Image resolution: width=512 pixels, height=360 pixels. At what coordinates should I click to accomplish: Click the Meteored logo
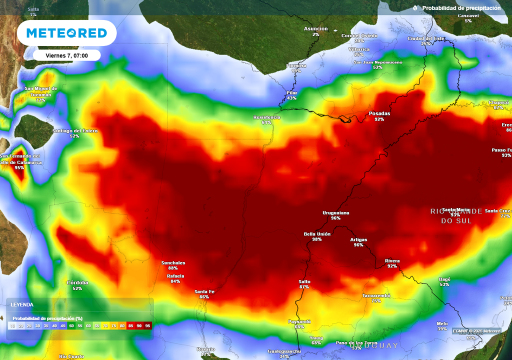66,33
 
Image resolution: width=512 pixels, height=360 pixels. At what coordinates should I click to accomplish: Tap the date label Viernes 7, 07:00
66,55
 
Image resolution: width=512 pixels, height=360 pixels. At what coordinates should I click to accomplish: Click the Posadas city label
379,113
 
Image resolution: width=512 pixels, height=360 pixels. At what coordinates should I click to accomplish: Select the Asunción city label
316,29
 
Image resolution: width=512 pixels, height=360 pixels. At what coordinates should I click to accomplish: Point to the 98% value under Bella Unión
317,239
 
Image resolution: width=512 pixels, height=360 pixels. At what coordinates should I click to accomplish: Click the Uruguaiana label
335,213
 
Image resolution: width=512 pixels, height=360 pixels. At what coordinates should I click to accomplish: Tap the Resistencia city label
266,117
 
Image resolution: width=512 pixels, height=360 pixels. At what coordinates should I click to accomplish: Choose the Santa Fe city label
204,291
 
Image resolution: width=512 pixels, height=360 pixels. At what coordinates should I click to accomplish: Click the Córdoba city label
77,283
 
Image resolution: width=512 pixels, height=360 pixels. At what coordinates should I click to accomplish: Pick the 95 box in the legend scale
147,326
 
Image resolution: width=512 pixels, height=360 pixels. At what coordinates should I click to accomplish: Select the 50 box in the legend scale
71,326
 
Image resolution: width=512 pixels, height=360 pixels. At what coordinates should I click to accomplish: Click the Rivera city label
392,261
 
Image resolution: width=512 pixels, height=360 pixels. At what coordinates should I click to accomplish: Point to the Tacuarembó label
376,296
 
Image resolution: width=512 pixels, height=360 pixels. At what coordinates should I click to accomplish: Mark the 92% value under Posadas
379,119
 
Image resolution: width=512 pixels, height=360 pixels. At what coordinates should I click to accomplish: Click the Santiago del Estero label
75,131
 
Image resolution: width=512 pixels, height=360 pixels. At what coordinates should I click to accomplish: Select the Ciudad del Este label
425,38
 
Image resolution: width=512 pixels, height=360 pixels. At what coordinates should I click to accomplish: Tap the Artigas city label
358,240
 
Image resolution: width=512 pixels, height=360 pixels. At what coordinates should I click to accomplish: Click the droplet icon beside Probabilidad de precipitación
415,8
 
